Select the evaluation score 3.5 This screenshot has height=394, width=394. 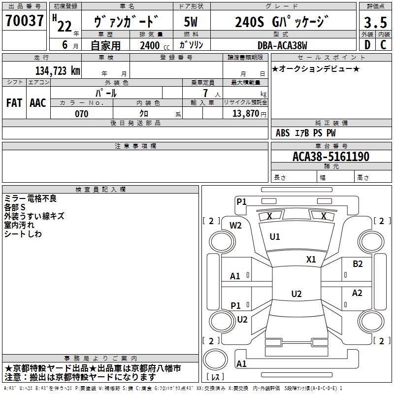point(375,23)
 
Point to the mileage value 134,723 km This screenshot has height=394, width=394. point(58,70)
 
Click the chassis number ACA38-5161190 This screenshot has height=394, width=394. point(331,157)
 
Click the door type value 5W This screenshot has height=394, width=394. point(191,22)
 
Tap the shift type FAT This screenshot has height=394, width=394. point(14,102)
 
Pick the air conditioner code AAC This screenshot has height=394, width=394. point(38,102)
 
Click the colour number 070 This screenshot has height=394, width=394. point(81,114)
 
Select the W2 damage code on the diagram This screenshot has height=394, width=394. point(236,225)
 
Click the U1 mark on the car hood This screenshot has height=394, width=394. point(275,237)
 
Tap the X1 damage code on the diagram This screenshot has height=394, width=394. point(311,260)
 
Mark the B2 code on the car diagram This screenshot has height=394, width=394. point(358,264)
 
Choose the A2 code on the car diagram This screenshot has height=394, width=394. point(357,293)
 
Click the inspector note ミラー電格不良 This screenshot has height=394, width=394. point(30,198)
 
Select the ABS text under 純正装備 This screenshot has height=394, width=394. point(283,133)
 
